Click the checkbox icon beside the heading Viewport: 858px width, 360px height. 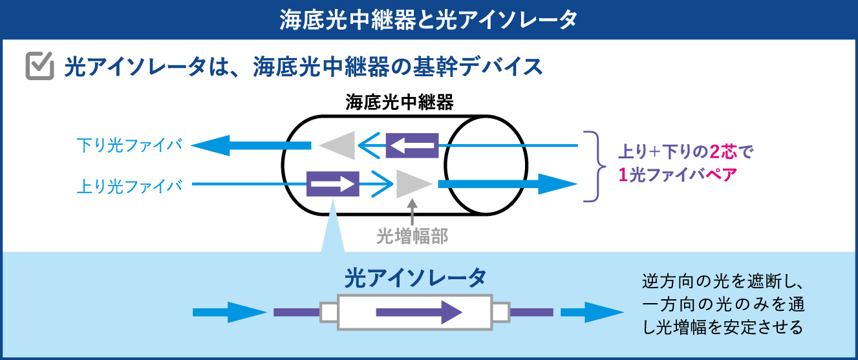click(x=40, y=67)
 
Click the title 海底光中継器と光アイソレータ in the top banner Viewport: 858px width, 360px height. click(x=429, y=19)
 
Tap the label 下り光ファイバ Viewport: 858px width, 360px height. click(x=129, y=145)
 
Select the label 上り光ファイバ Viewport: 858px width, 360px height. click(x=129, y=185)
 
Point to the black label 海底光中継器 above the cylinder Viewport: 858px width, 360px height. click(x=399, y=102)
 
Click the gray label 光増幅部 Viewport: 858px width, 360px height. click(x=412, y=237)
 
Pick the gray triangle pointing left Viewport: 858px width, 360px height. click(x=338, y=145)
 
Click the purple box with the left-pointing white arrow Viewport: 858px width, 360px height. click(x=412, y=145)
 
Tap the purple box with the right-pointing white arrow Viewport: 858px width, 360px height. click(x=332, y=184)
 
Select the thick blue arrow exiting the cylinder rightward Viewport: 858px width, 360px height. click(x=508, y=184)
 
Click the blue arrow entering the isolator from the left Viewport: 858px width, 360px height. click(x=230, y=313)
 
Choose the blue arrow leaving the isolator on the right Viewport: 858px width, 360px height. click(x=585, y=313)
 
